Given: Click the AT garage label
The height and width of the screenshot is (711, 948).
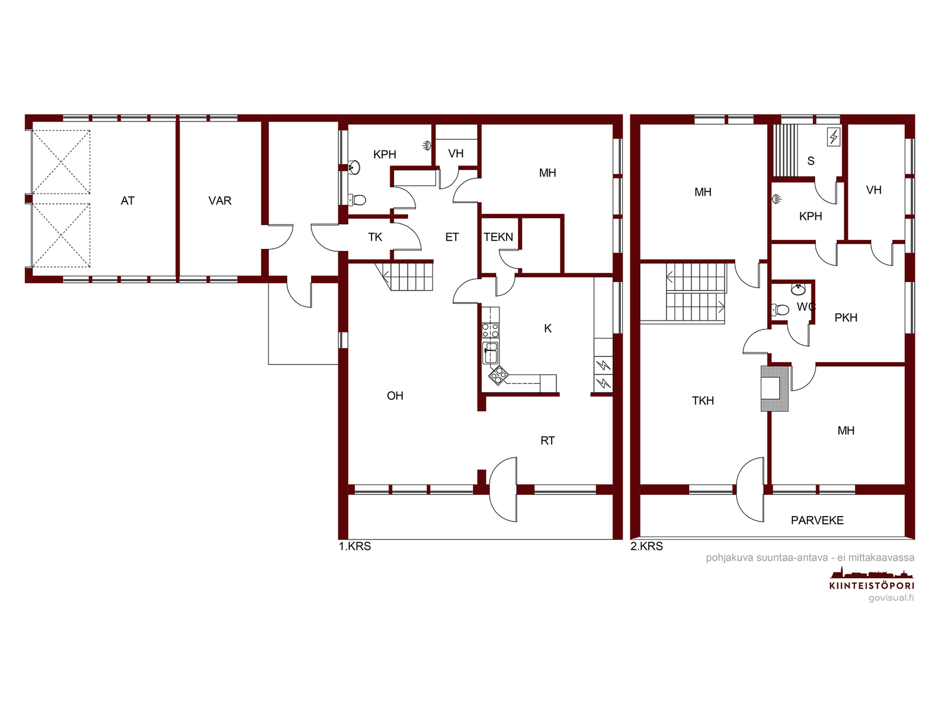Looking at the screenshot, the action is [x=127, y=201].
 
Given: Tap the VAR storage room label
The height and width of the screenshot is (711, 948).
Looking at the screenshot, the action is [x=220, y=201].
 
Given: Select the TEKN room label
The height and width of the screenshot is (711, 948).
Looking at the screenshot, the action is [x=498, y=237].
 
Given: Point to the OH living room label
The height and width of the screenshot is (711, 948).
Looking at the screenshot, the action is [x=395, y=396].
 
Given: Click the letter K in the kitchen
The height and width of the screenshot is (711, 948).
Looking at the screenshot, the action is [x=547, y=328].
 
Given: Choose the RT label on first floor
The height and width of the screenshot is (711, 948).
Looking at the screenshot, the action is [x=547, y=441].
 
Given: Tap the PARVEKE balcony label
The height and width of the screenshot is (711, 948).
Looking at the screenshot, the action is [x=817, y=520].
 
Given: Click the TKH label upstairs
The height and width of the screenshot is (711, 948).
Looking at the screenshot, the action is [x=703, y=401].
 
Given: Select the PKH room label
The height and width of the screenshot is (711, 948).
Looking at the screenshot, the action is [x=845, y=318].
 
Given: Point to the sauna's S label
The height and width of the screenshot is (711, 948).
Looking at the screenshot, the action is [x=811, y=161].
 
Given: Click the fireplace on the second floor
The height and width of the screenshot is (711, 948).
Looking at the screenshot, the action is [x=774, y=389].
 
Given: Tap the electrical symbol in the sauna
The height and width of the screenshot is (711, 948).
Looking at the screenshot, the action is [x=833, y=137].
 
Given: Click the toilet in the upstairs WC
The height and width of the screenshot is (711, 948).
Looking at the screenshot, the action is [x=780, y=309].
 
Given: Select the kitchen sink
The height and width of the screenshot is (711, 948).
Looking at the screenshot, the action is [x=490, y=353].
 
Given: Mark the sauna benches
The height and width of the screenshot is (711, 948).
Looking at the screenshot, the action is [x=784, y=150].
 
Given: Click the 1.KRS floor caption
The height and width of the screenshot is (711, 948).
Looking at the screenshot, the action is [x=354, y=546].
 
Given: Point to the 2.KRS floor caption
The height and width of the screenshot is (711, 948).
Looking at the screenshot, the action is [x=646, y=546].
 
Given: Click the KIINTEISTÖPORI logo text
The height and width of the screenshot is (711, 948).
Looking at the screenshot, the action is [x=872, y=586].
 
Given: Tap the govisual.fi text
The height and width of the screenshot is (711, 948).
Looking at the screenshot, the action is [x=891, y=598].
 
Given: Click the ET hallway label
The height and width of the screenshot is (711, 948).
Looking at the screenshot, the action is [x=451, y=237].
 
